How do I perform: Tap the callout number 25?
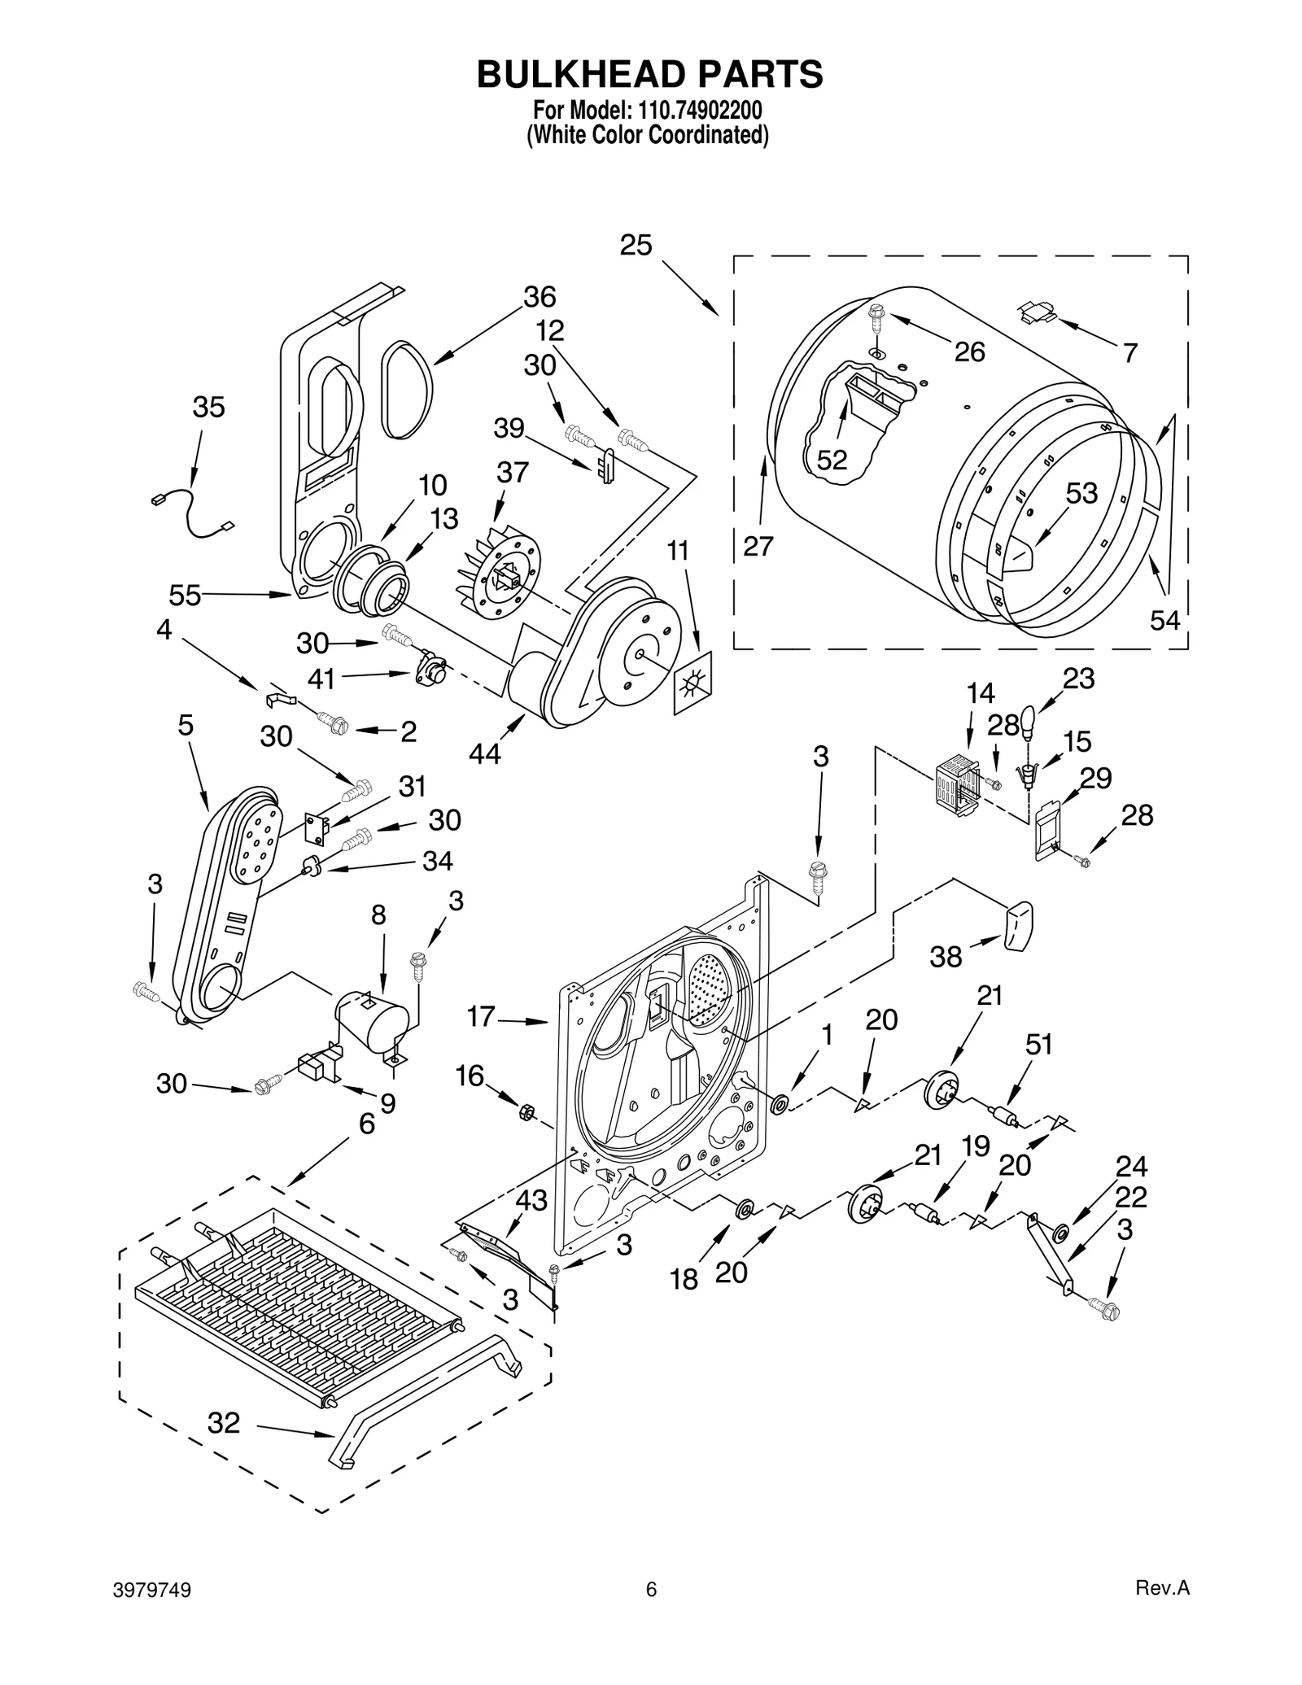tap(636, 245)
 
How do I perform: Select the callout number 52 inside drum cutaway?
tap(832, 461)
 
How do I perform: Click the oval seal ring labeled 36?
tap(408, 391)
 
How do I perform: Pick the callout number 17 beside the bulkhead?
tap(481, 1016)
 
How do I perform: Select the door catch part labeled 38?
tap(1018, 925)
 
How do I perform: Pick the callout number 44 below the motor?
tap(485, 754)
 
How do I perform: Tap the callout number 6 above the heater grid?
tap(367, 1124)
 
